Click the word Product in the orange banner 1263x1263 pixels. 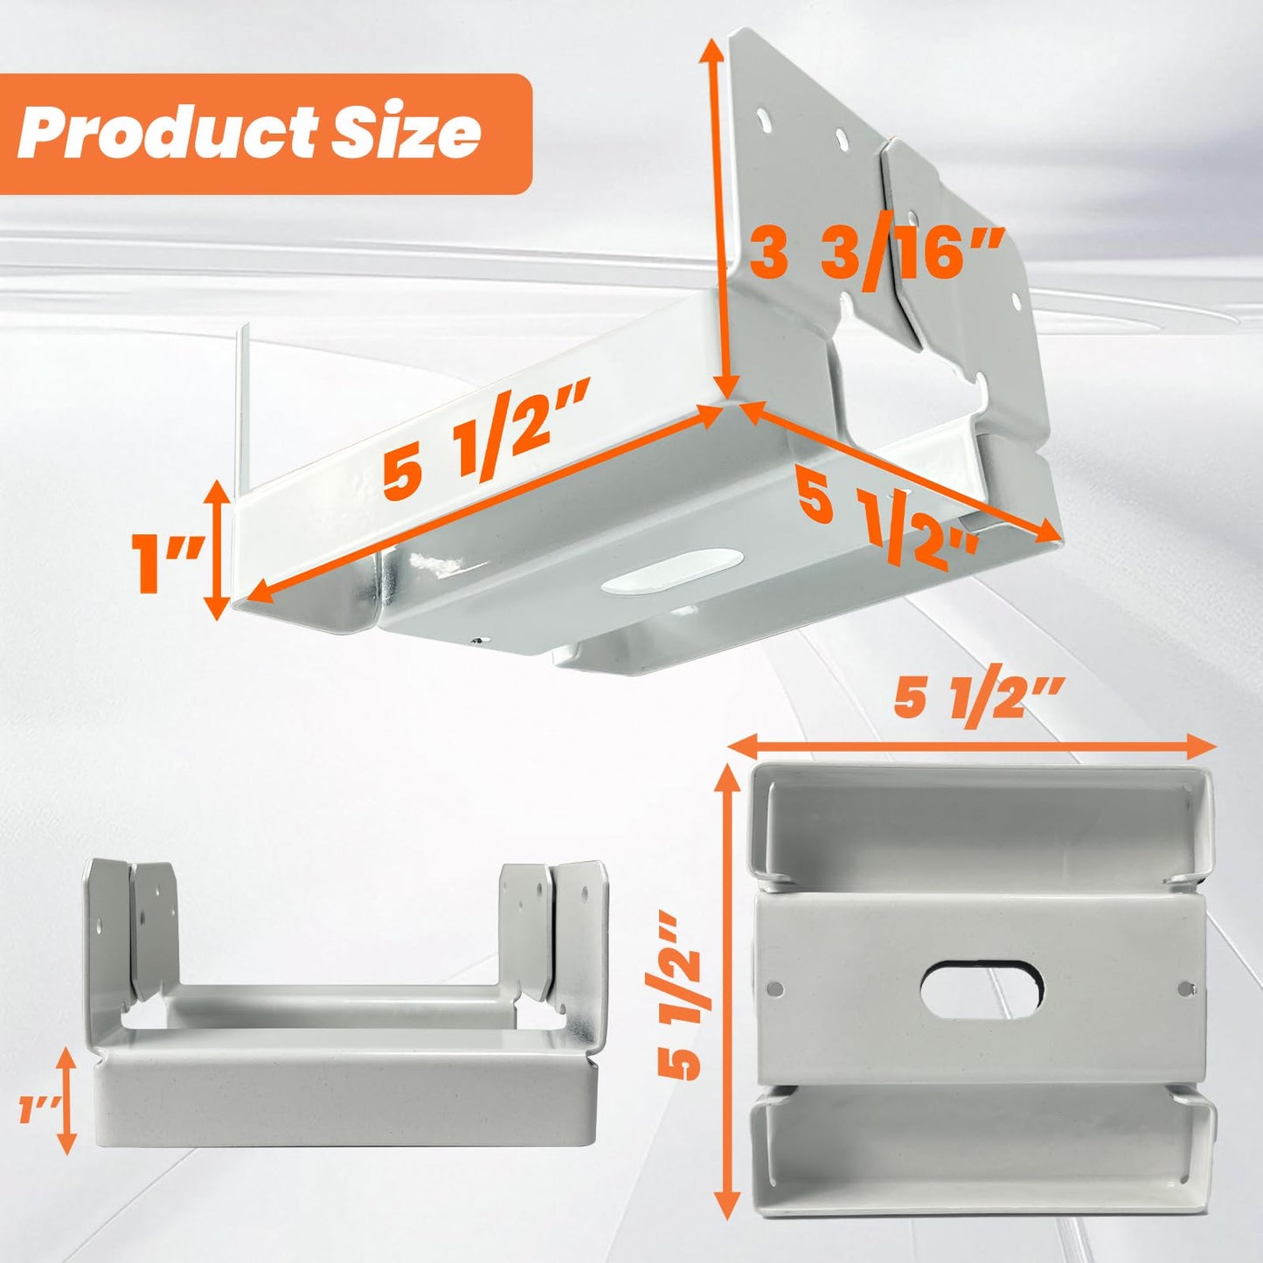[166, 133]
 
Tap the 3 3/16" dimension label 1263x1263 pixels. [874, 254]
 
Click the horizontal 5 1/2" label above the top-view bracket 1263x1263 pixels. [979, 699]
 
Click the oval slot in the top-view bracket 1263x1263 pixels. [982, 990]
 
